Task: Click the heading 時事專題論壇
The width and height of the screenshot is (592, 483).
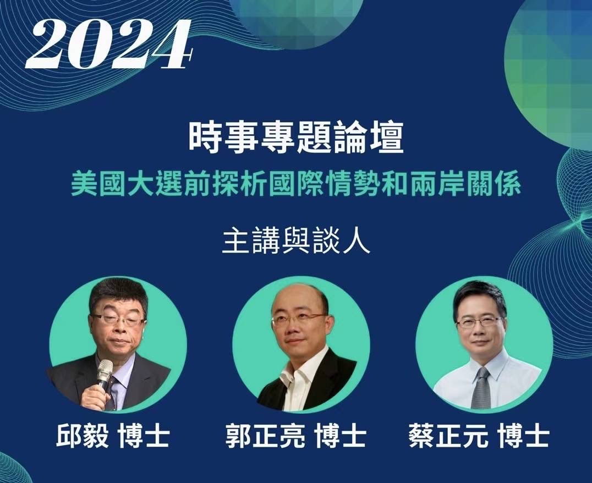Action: tap(296, 138)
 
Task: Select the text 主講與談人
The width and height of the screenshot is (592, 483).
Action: tap(296, 242)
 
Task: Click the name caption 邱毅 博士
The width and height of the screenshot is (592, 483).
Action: tap(113, 437)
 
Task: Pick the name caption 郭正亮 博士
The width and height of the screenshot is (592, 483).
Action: tap(295, 437)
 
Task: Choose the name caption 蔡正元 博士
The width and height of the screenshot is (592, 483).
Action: tap(479, 437)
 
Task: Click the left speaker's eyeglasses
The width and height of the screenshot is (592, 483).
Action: tap(118, 320)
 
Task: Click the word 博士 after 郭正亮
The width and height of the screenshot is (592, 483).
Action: tap(340, 437)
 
